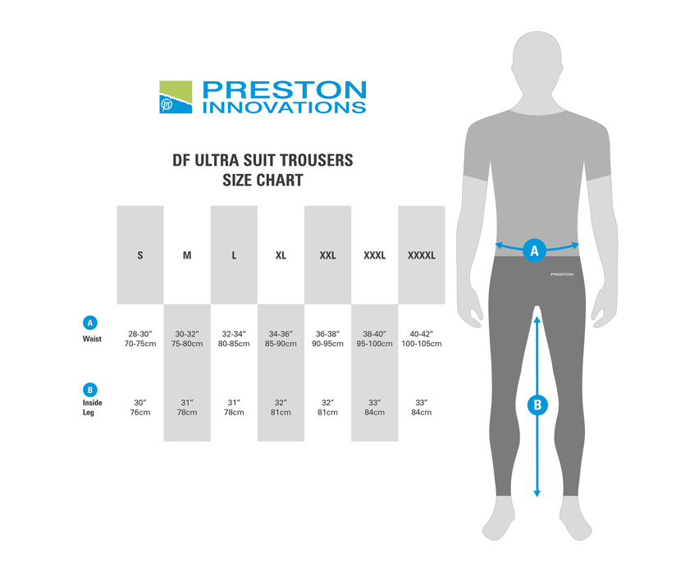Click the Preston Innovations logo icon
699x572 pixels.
coord(176,97)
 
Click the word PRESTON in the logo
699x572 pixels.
coord(284,89)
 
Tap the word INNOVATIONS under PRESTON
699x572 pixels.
coord(284,107)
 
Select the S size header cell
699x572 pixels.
coord(140,255)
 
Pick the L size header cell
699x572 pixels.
coord(234,255)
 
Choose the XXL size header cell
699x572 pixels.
coord(327,255)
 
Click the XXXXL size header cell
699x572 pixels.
coord(422,255)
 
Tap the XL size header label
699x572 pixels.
coord(281,255)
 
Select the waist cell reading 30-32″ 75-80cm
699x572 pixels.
coord(187,339)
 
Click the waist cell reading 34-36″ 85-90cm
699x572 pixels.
coord(281,339)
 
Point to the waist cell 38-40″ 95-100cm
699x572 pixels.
coord(374,339)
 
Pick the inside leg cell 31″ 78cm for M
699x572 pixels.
coord(187,407)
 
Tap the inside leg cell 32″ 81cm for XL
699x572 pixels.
coord(281,407)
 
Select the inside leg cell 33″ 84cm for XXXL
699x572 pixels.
coord(374,407)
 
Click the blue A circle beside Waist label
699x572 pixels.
coord(91,322)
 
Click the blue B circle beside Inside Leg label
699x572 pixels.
coord(91,390)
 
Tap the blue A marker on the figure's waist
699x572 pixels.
coord(536,250)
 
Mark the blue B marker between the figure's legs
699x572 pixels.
coord(537,404)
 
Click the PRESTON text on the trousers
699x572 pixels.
coord(562,274)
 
